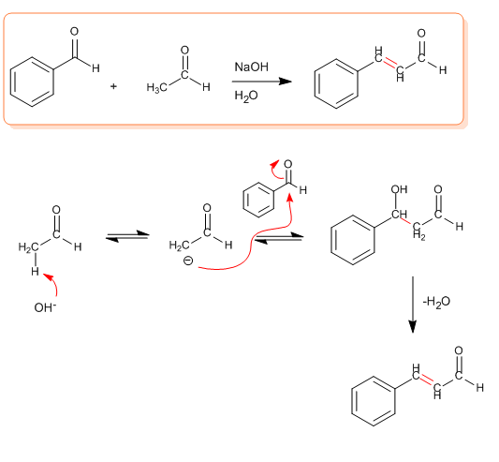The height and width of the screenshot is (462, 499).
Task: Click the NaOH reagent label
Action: point(252,67)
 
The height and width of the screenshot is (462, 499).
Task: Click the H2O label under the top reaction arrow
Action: point(246,96)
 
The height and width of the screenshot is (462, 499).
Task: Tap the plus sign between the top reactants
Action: point(113,86)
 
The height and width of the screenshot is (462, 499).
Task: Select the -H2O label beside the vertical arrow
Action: point(436,302)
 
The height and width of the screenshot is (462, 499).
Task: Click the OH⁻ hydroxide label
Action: point(45,307)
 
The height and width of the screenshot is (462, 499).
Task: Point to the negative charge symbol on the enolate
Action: point(188,261)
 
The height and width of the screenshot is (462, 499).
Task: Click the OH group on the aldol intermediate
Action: point(399,189)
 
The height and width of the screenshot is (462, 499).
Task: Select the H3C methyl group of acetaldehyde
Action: point(156,88)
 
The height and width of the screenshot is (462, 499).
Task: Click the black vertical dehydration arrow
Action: point(413,305)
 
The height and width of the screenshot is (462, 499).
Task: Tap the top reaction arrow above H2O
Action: point(262,82)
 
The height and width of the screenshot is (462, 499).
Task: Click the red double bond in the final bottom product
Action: point(426,380)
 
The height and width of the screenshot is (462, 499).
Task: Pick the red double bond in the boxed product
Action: point(389,64)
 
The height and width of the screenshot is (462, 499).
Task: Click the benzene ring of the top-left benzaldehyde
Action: point(32,82)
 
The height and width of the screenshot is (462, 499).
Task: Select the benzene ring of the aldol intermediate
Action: point(353,240)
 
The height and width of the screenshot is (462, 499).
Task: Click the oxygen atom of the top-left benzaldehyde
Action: point(74,32)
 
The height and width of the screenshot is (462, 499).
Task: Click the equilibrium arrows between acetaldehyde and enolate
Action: point(127,236)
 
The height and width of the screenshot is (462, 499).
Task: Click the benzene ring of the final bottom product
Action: point(374,401)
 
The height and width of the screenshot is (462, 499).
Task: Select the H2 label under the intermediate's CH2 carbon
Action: point(418,235)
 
